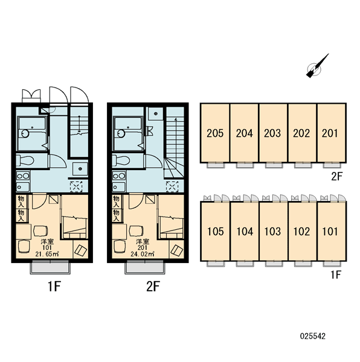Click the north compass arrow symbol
317,67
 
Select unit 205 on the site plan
215,133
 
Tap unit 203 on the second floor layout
272,133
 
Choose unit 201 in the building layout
332,133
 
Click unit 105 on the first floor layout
215,231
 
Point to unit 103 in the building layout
273,231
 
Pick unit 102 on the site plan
302,231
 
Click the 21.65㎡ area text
47,254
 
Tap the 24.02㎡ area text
143,254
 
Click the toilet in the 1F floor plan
25,160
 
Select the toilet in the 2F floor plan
121,160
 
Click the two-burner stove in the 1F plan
23,176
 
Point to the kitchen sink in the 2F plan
119,187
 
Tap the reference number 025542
313,336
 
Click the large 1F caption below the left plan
54,287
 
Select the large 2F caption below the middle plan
153,287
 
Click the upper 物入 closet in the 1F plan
22,202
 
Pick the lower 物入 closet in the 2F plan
117,215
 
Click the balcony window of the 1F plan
50,267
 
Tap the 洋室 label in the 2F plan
143,242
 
